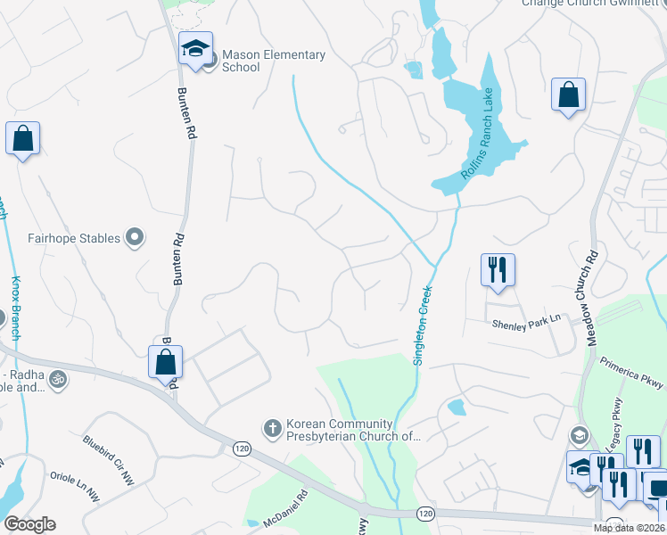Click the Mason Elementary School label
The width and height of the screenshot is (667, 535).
click(x=273, y=61)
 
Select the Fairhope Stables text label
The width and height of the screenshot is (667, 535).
click(x=73, y=238)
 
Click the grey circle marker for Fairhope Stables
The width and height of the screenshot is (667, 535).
click(x=135, y=237)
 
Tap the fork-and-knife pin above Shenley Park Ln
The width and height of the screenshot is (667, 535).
click(x=498, y=269)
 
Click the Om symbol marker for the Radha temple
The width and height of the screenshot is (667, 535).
click(x=58, y=379)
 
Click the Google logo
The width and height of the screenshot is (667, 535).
click(x=30, y=524)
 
